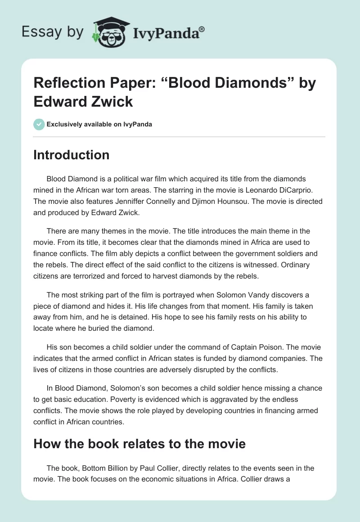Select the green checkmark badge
[39, 124]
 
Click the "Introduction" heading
[72, 155]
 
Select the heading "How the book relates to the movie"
[139, 444]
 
